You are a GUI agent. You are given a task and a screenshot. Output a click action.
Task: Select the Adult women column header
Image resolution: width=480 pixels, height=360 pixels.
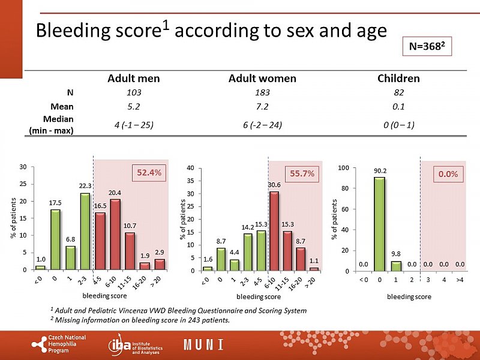coord(262,79)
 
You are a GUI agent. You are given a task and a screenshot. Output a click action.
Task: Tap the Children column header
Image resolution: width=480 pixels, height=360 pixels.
coord(398,79)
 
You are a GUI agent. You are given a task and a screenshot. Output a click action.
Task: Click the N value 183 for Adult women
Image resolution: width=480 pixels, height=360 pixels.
coord(262,93)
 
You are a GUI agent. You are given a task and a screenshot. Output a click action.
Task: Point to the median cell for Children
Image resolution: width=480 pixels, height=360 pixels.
coord(398,125)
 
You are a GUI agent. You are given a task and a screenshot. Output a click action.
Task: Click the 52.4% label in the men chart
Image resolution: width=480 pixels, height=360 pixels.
coord(148,173)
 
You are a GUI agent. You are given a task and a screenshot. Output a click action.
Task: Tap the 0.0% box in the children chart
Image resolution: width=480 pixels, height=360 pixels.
coord(448,174)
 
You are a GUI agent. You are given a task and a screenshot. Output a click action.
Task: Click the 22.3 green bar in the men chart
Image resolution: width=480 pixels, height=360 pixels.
coord(85,231)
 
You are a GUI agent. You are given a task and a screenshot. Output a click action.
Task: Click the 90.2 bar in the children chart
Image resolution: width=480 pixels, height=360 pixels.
coord(379,224)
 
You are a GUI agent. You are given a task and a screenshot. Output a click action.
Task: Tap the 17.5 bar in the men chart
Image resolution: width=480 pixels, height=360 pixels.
coord(55,239)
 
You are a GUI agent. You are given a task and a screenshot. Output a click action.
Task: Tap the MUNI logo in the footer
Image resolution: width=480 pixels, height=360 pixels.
coord(204,345)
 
